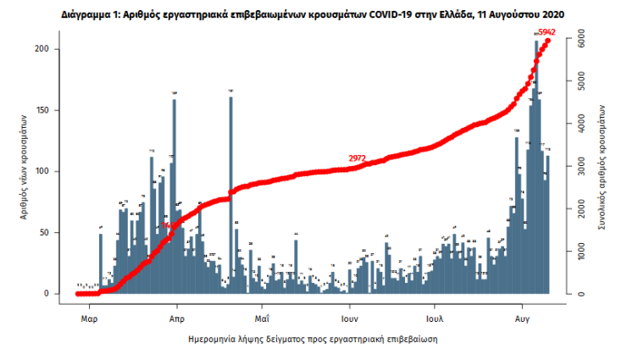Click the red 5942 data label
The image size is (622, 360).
coord(547,32)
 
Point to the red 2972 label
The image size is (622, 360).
coord(357,158)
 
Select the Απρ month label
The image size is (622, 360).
coord(177,319)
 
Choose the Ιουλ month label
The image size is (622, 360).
coord(436,319)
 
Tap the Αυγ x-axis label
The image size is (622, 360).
coord(522,319)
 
